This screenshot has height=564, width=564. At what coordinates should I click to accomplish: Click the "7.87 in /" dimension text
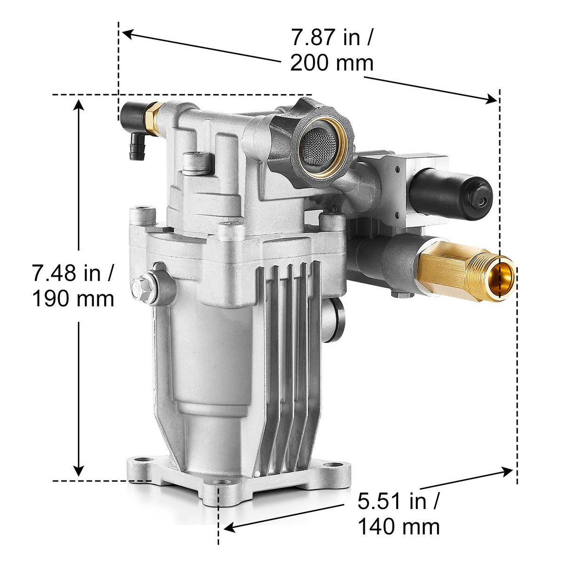pyautogui.click(x=332, y=38)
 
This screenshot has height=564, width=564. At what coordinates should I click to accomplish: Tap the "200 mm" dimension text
pyautogui.click(x=332, y=63)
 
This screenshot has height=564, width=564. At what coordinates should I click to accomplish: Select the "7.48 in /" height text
pyautogui.click(x=73, y=273)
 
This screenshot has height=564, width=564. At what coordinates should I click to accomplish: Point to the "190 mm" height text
pyautogui.click(x=73, y=298)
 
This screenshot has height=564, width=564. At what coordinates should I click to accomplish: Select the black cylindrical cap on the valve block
pyautogui.click(x=450, y=194)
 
